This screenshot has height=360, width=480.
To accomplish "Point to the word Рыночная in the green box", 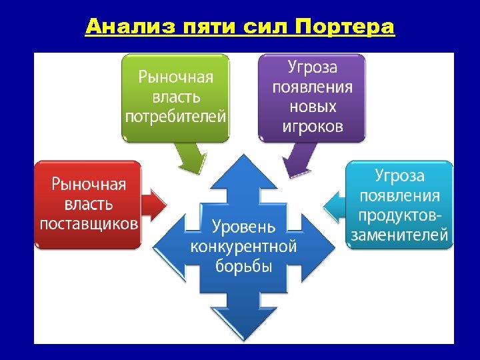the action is [x=176, y=76].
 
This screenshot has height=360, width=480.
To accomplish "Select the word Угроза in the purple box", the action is [x=312, y=67].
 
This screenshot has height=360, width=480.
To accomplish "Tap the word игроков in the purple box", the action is [x=312, y=126].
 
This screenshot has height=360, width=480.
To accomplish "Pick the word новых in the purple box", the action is [x=312, y=107].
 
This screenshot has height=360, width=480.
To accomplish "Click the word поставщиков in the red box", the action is [x=89, y=223].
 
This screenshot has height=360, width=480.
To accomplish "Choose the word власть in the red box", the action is [x=89, y=203].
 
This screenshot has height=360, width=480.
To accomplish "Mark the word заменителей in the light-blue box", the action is [x=399, y=235].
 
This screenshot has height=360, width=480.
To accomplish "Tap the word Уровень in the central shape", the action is [x=243, y=227].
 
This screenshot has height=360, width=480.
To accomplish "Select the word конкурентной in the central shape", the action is [x=243, y=246].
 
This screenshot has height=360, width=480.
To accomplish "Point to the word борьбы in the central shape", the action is [x=243, y=266].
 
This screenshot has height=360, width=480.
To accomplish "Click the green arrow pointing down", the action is [x=191, y=158].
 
